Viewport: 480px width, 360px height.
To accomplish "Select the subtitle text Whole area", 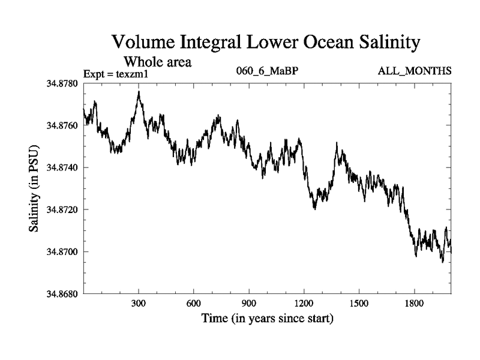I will click(x=157, y=61).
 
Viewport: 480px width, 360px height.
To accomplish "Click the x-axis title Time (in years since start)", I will click(x=267, y=318).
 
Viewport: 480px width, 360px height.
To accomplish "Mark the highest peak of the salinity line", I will click(x=139, y=92).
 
